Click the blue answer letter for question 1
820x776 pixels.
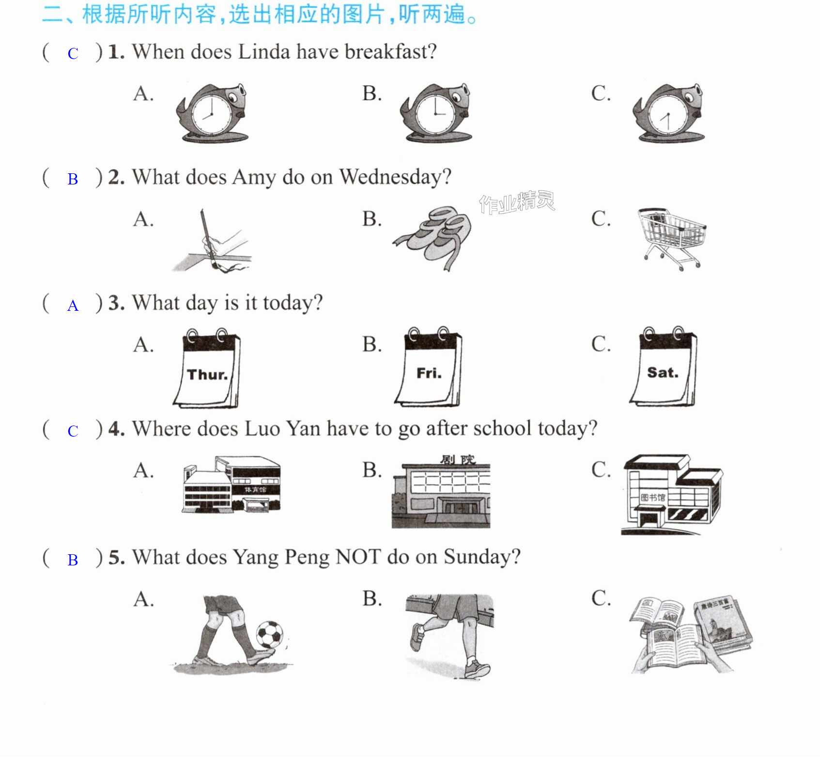pyautogui.click(x=73, y=53)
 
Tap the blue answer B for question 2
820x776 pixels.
pyautogui.click(x=73, y=179)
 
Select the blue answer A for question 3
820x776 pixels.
pyautogui.click(x=73, y=305)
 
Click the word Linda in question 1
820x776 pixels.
pyautogui.click(x=264, y=51)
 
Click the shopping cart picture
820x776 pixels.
pyautogui.click(x=672, y=239)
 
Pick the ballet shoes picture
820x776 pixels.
pyautogui.click(x=432, y=238)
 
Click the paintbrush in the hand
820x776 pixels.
pyautogui.click(x=208, y=238)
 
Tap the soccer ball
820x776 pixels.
pyautogui.click(x=270, y=635)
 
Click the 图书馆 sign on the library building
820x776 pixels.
pyautogui.click(x=653, y=497)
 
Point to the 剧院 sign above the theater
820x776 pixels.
pyautogui.click(x=458, y=459)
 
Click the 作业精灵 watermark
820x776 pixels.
pyautogui.click(x=517, y=202)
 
